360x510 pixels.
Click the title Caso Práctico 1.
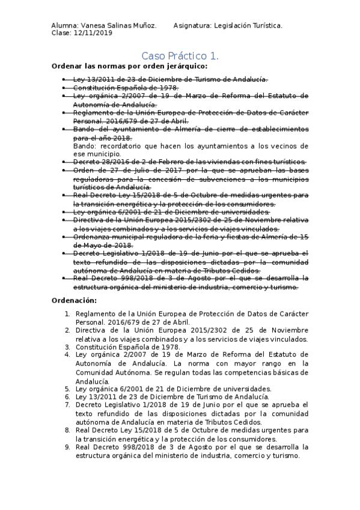[180, 55]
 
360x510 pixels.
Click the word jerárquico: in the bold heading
[179, 66]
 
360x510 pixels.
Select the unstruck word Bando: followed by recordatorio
[85, 146]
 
